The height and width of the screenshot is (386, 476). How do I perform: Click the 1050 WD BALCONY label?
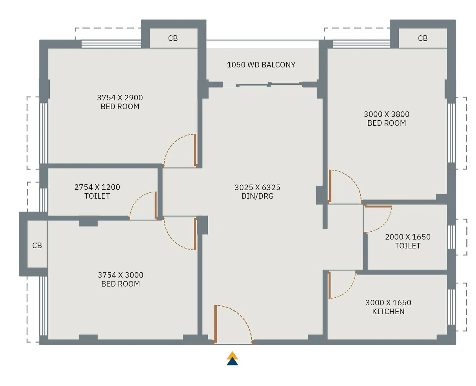coord(261,65)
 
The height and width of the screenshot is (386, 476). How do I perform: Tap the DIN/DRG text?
coord(257,196)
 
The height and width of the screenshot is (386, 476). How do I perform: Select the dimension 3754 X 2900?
coord(120,98)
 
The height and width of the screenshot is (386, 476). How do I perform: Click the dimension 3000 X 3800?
coord(386,114)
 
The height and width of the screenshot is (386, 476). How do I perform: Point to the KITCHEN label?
coord(388,311)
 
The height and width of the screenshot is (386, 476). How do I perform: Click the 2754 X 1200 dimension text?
coord(97,187)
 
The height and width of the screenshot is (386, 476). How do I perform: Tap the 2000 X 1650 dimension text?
coord(408,237)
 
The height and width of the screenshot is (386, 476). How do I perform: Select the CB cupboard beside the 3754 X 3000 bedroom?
coord(37,245)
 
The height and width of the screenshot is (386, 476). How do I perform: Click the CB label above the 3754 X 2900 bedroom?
coord(173,38)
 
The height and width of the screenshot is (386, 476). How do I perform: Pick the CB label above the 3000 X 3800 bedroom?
coord(422,38)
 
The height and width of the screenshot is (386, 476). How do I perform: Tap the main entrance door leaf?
coord(215,324)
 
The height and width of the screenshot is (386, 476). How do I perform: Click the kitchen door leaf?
coord(329,285)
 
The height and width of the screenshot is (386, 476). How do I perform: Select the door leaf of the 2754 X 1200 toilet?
coord(156,205)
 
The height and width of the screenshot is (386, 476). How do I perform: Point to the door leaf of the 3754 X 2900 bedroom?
coord(195,150)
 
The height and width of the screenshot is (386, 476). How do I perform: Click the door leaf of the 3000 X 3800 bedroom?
coord(330,186)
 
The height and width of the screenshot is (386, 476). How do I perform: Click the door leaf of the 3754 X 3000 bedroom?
coord(195,234)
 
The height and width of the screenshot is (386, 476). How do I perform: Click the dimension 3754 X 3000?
coord(120,275)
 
